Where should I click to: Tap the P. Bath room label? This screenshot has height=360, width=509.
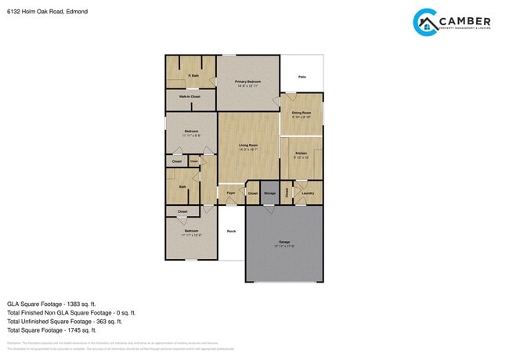point(193,76)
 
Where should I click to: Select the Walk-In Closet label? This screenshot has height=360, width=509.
point(190,97)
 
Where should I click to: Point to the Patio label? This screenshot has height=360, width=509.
point(301,77)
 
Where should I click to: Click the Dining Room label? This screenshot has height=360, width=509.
point(301,113)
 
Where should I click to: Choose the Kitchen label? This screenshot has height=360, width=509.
point(301,153)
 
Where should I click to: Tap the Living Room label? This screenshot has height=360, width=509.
point(248,145)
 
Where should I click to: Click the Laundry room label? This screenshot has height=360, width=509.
point(308,193)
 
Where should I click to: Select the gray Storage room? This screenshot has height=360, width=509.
point(269,193)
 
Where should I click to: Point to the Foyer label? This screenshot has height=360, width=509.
point(231,193)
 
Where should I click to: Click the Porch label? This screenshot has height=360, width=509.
point(231,231)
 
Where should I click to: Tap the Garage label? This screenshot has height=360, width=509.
point(284,242)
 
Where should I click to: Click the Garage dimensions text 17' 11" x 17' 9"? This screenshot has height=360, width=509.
point(284,247)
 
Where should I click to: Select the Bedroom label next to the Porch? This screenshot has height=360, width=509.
point(192,231)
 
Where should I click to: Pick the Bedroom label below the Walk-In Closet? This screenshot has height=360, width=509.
point(191,131)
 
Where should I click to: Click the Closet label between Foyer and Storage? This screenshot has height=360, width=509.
point(252,193)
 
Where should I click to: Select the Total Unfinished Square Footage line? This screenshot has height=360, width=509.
point(64,321)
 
